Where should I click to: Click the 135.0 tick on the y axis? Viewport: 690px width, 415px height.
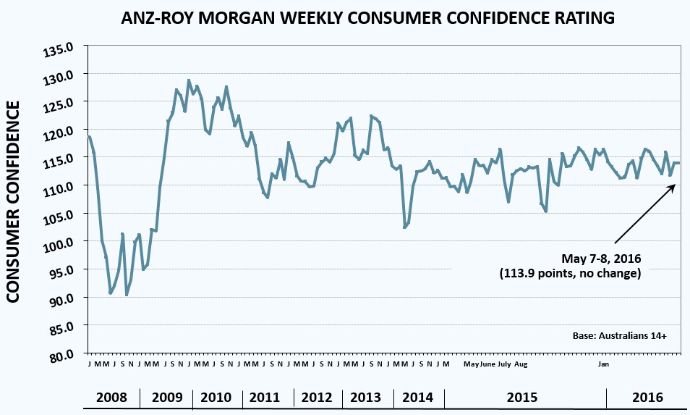pos(61,48)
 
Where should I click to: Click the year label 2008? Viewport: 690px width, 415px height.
pos(112,398)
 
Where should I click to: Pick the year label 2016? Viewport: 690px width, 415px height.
pos(647,398)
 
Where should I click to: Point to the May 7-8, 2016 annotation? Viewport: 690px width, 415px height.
pos(602,259)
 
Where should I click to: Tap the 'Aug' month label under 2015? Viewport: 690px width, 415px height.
pos(521,364)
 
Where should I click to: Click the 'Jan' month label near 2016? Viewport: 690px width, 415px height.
pos(604,364)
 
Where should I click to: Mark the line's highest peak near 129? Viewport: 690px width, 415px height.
pos(189,80)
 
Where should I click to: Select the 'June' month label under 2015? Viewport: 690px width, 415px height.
pos(487,364)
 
